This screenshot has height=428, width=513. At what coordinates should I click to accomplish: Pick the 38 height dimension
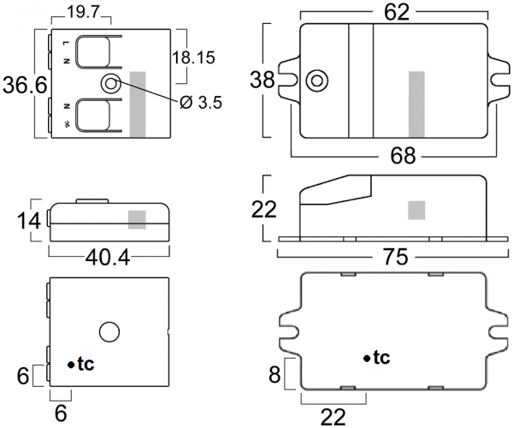click(262, 80)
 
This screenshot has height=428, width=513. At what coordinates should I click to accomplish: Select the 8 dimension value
click(273, 374)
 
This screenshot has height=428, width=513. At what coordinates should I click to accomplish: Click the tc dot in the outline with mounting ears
click(367, 358)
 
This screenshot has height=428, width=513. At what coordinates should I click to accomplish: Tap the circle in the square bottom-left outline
click(109, 331)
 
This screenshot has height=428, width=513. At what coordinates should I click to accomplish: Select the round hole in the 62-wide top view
click(317, 80)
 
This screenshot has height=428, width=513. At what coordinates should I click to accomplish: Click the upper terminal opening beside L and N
click(92, 53)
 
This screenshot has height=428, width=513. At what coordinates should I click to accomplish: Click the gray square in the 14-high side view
click(137, 219)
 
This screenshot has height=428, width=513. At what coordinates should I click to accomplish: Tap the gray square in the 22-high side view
click(416, 210)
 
